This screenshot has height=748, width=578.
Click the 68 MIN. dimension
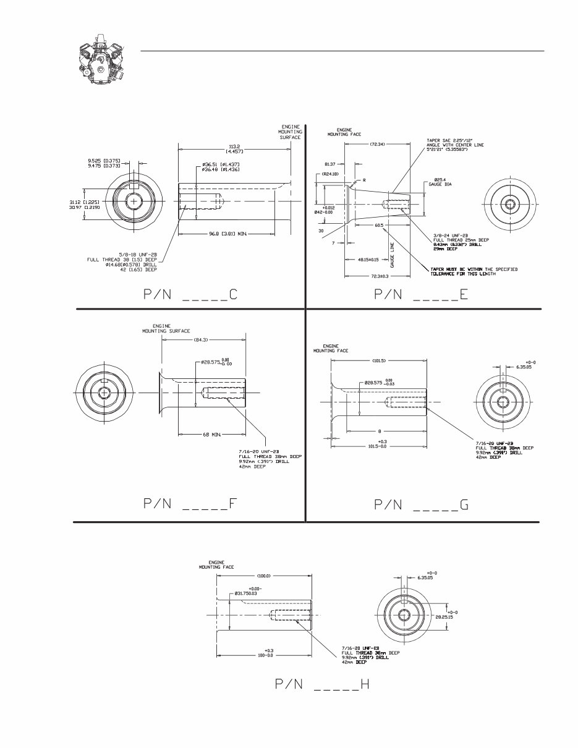(211, 435)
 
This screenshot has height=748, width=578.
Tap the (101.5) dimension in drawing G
(379, 360)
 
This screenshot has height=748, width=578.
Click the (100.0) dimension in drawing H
(264, 576)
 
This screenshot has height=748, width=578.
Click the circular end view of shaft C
(134, 201)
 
